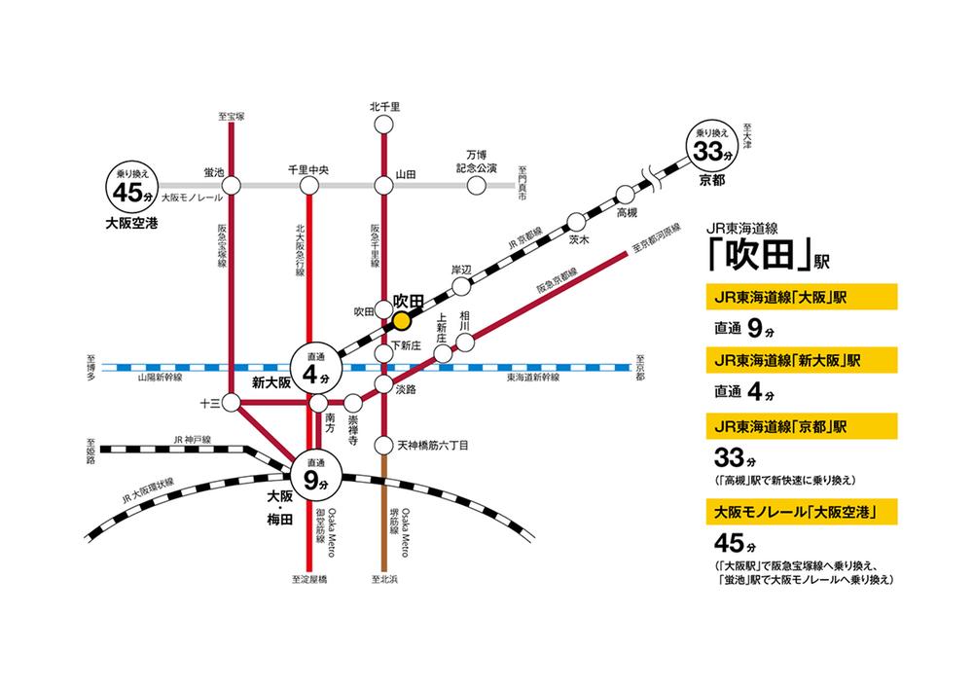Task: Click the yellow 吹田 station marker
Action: click(x=402, y=321)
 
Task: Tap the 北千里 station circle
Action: click(x=384, y=125)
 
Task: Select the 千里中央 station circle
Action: click(x=308, y=185)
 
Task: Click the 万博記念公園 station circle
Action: click(x=476, y=185)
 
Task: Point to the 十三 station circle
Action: click(x=231, y=404)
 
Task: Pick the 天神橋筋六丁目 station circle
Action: click(x=384, y=445)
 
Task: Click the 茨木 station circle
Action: click(x=576, y=222)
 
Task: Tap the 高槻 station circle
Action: click(x=625, y=195)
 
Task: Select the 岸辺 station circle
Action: click(x=461, y=286)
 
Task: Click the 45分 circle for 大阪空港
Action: click(x=132, y=186)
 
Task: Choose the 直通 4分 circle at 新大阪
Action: click(x=316, y=368)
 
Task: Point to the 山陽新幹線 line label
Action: click(x=161, y=378)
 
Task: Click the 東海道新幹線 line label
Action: click(x=533, y=378)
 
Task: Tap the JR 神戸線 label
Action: click(x=193, y=440)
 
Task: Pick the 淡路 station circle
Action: click(x=384, y=384)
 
